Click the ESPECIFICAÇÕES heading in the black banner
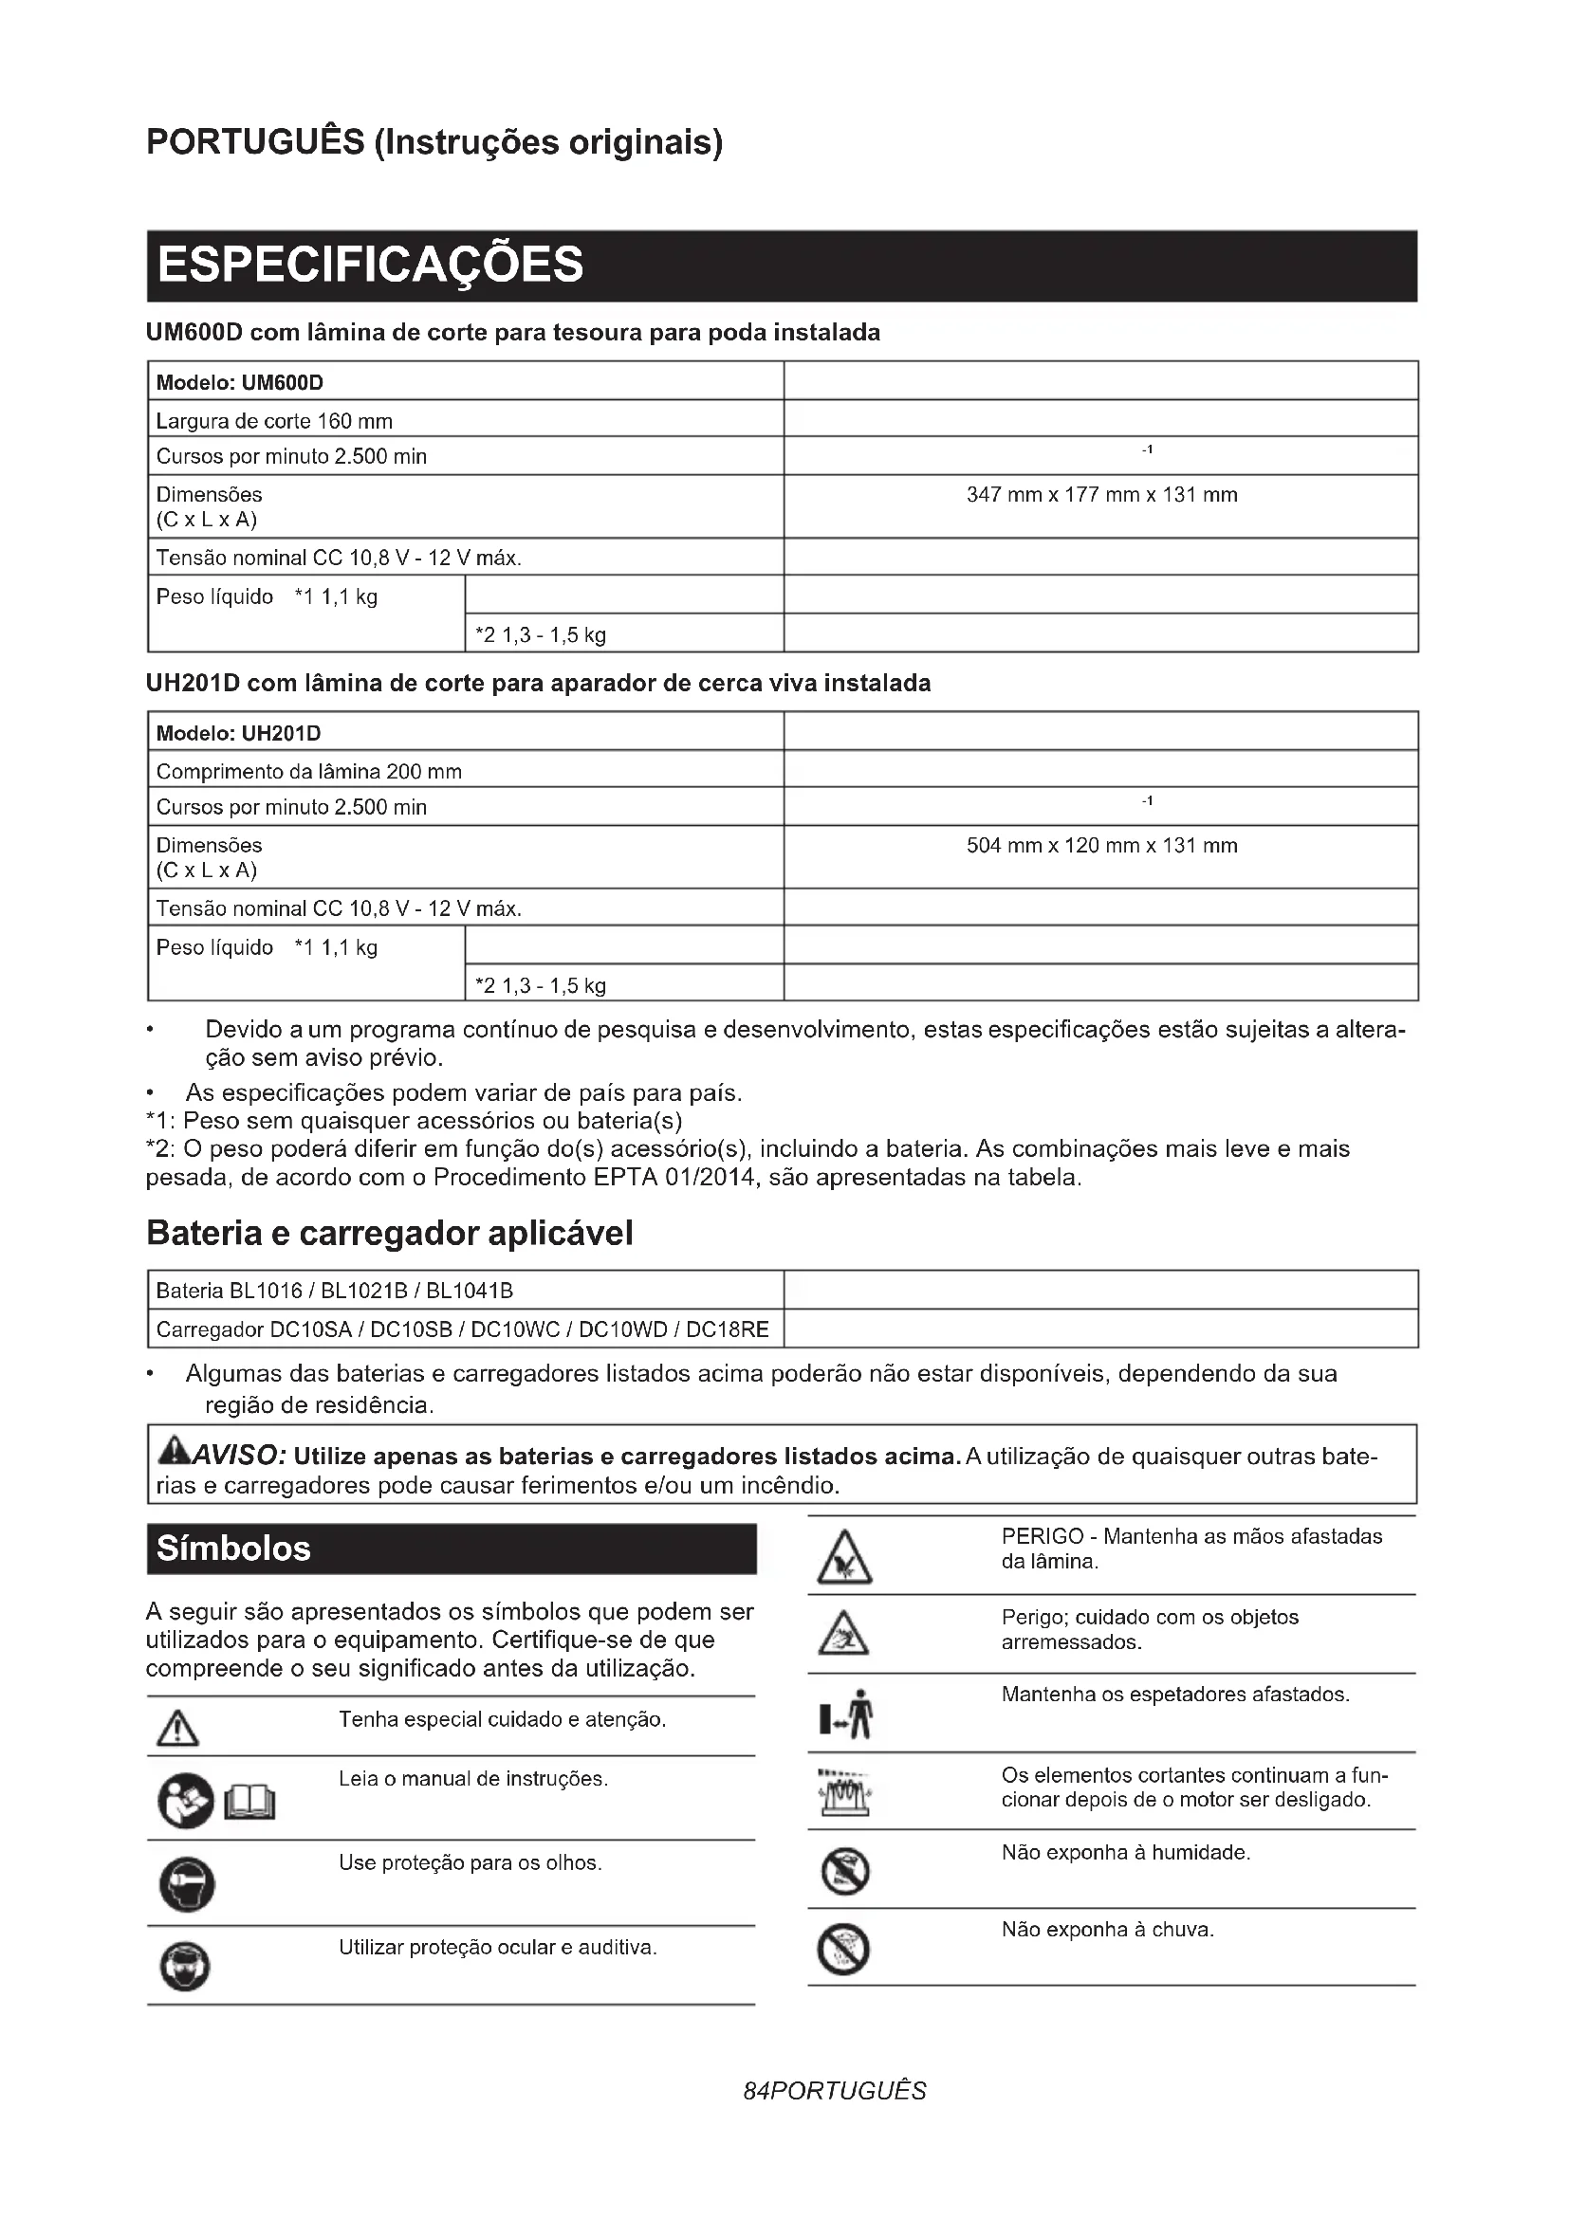[x=370, y=265]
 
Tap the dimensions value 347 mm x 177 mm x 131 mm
[x=1101, y=496]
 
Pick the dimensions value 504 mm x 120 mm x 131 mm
[x=1101, y=846]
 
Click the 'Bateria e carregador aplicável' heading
[x=389, y=1234]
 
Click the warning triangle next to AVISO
[x=174, y=1451]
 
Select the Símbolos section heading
[x=233, y=1549]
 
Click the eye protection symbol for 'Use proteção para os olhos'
[x=187, y=1884]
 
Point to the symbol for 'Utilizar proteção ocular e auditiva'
[x=184, y=1967]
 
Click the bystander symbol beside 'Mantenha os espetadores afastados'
[x=847, y=1714]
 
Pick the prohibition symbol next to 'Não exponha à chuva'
[x=843, y=1950]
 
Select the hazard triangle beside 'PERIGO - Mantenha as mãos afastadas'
[x=844, y=1558]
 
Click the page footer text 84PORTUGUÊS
[x=835, y=2092]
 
